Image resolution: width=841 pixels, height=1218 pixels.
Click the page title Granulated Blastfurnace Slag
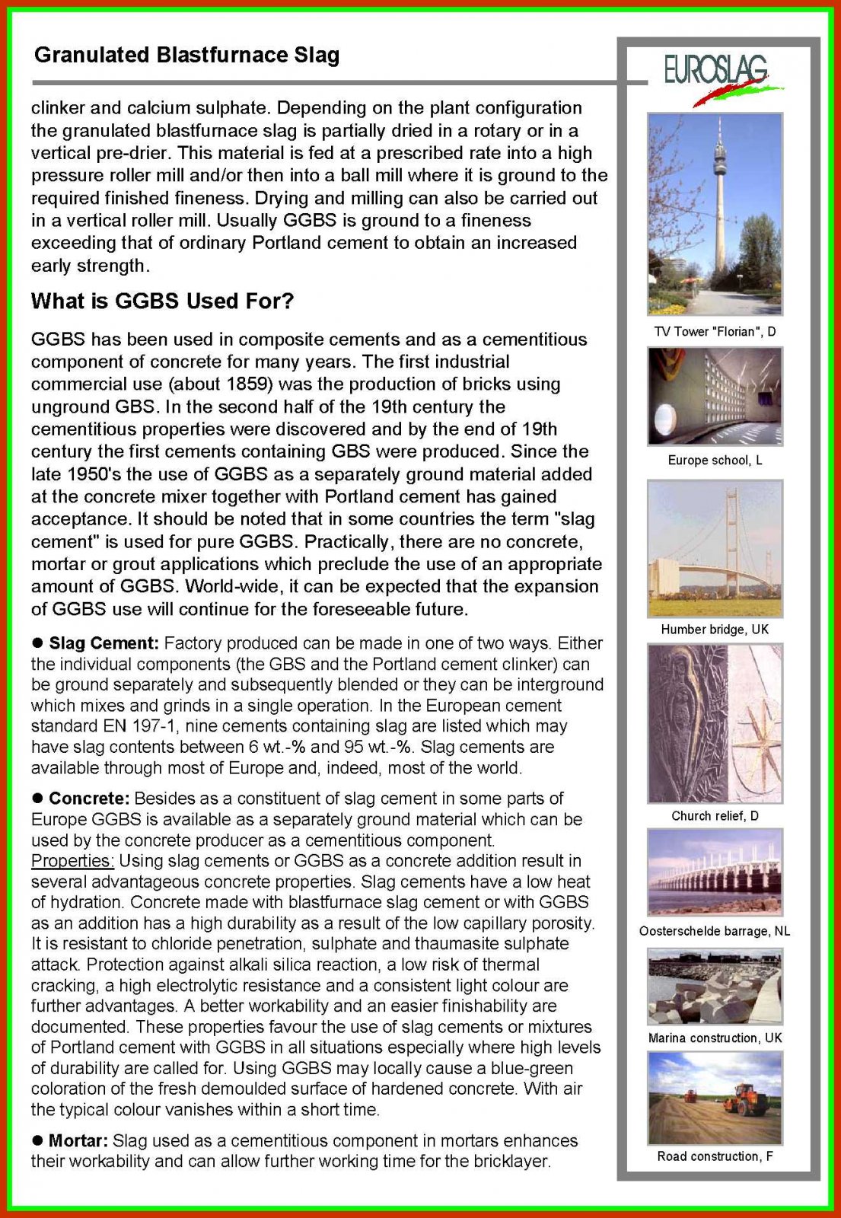(187, 56)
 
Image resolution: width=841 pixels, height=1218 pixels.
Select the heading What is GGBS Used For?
(162, 301)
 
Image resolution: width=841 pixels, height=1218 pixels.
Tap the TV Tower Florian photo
(715, 214)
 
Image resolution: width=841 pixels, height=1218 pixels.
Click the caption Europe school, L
(715, 461)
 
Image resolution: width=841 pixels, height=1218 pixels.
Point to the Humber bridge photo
(715, 548)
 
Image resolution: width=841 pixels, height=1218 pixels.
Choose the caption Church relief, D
(715, 816)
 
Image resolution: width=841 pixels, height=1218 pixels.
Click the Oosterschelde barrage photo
(715, 872)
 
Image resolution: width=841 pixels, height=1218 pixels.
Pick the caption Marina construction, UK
(715, 1038)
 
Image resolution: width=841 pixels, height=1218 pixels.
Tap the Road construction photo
(715, 1098)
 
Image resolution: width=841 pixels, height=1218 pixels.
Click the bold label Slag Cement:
(104, 644)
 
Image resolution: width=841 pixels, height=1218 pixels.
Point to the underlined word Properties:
(72, 862)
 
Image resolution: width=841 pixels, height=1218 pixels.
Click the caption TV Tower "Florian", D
(715, 332)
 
